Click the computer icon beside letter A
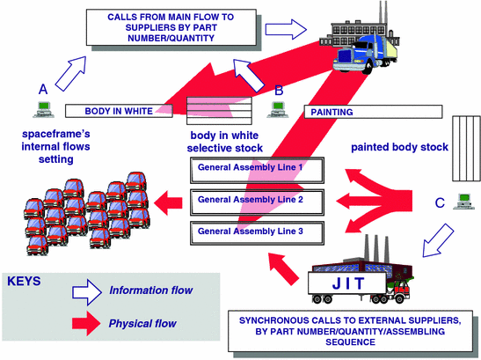[x=41, y=110]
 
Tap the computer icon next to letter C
[x=458, y=202]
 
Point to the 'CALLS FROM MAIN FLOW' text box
[x=161, y=27]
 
